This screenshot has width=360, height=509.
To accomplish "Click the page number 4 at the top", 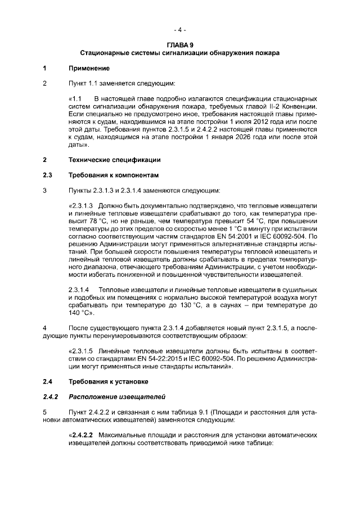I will [x=179, y=29].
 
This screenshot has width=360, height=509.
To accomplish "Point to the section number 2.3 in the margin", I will [x=48, y=175].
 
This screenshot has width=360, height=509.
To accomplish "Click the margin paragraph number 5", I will [x=45, y=412].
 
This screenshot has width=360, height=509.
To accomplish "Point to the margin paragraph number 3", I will [x=45, y=190].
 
